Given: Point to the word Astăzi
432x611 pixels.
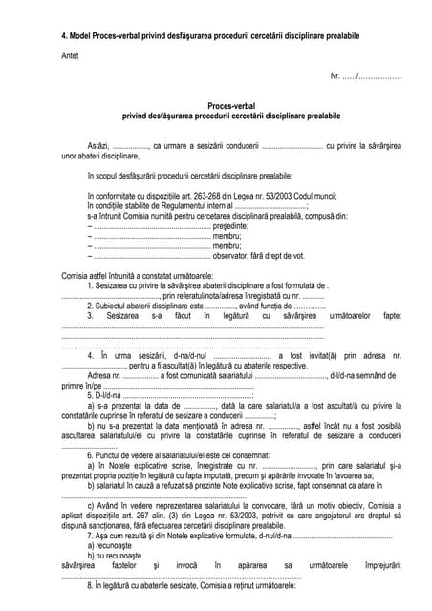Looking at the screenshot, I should pyautogui.click(x=99, y=145).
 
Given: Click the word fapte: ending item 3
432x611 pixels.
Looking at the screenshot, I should pyautogui.click(x=391, y=314).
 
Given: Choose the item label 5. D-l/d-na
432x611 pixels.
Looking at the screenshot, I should pyautogui.click(x=103, y=393).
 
